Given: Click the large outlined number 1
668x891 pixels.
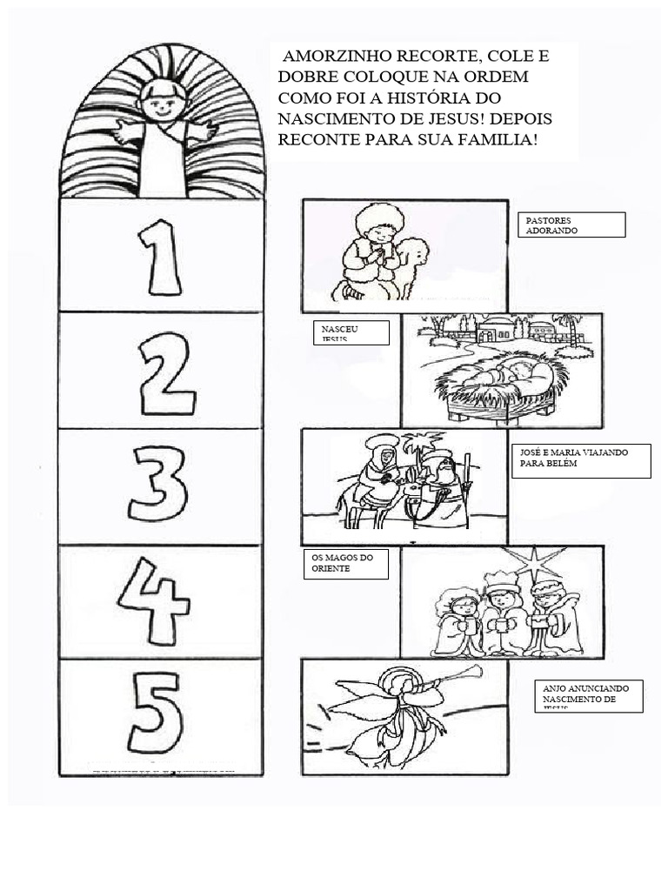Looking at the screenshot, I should (x=161, y=258).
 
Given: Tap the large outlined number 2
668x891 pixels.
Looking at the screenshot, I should (x=166, y=374).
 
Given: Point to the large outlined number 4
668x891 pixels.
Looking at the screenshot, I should (x=154, y=600).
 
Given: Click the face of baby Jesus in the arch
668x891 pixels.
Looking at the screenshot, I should (x=162, y=101).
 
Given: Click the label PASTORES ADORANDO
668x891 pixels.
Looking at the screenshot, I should (x=570, y=224).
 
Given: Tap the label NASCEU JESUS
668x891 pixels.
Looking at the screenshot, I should (x=350, y=332).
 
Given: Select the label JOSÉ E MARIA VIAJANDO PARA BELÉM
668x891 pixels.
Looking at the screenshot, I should (x=581, y=460).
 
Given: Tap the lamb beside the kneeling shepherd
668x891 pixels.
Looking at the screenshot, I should (x=412, y=261).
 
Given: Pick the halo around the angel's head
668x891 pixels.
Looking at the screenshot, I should (x=403, y=677).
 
